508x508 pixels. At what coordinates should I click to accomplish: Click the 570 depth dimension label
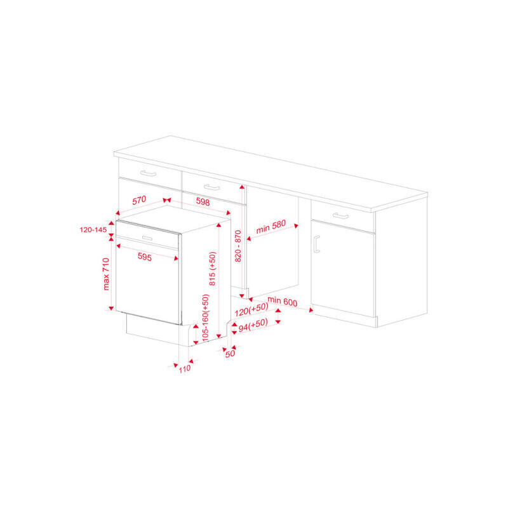point(139,200)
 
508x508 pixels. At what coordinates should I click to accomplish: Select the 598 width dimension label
point(203,202)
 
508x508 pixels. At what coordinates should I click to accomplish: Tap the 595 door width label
point(145,257)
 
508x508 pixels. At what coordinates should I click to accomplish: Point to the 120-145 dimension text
point(93,230)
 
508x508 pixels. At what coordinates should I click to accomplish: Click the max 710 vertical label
point(106,274)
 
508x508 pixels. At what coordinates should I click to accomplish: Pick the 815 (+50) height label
point(212,269)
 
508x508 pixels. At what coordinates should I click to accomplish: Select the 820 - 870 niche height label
point(237,246)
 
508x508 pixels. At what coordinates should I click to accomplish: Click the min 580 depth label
point(271,227)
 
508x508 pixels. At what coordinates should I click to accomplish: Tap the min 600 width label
point(283,301)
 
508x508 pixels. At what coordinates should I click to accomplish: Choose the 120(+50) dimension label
point(251,309)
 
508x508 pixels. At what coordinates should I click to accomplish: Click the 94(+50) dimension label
point(253,325)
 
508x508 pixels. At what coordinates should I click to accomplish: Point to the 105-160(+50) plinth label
point(205,317)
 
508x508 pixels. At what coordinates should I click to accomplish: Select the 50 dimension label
point(230,354)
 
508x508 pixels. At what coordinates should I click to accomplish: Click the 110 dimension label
point(185,369)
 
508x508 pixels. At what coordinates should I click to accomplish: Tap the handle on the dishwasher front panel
point(147,239)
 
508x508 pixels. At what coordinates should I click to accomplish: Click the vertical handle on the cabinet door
point(316,244)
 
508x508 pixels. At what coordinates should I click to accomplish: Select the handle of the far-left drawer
point(148,173)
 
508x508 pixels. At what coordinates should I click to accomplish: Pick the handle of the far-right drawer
point(341,216)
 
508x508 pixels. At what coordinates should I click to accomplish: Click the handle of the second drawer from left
point(212,187)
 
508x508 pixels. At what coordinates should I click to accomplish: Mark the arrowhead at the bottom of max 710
point(111,308)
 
